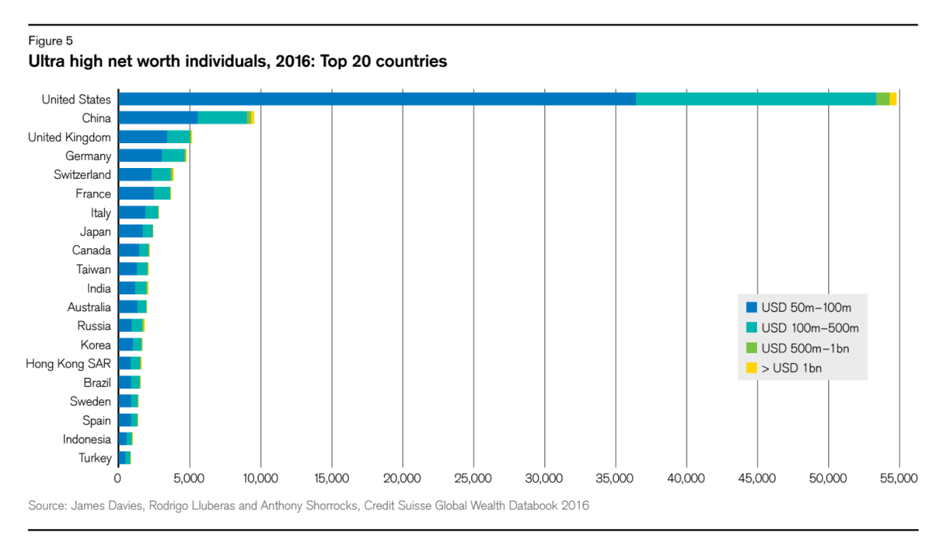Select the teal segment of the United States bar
click(x=755, y=99)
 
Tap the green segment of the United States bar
click(x=882, y=99)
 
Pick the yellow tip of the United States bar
click(x=893, y=99)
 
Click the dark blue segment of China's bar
click(x=158, y=117)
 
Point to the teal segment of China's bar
click(x=222, y=117)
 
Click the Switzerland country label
click(x=82, y=175)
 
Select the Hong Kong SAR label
click(x=68, y=363)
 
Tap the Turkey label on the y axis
click(x=95, y=458)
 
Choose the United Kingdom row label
click(x=69, y=137)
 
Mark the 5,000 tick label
click(x=189, y=478)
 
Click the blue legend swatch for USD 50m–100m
click(x=751, y=307)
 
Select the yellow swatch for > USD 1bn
click(x=751, y=368)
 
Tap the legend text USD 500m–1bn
click(x=805, y=348)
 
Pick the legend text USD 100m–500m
click(x=810, y=327)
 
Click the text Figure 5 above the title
click(x=50, y=41)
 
